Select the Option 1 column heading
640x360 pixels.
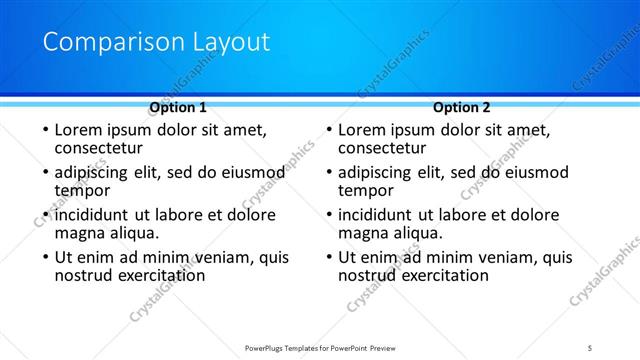(178, 107)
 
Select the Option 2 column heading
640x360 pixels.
(462, 107)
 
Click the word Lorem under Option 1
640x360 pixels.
(78, 130)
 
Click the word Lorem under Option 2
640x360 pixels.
(362, 130)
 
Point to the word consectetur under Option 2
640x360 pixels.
(387, 148)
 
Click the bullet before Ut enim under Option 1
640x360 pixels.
(43, 258)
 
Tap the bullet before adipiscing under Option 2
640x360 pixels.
(327, 173)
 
